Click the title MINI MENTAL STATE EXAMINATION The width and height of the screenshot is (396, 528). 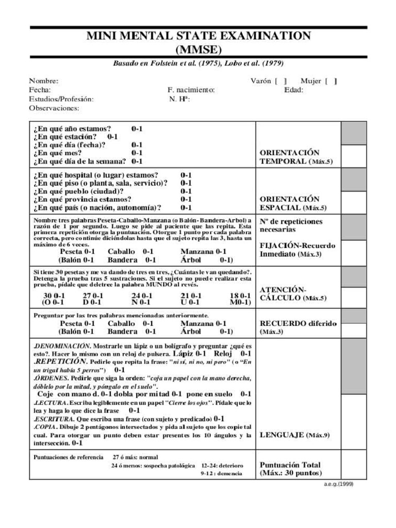[x=199, y=36]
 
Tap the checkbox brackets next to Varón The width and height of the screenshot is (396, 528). [x=282, y=81]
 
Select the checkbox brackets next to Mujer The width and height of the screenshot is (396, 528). [x=334, y=81]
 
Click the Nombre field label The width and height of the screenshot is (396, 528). [x=43, y=81]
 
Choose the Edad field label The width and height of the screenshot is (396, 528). [x=293, y=90]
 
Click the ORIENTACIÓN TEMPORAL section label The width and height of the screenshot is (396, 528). [x=295, y=157]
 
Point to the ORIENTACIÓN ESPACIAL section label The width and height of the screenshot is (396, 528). [x=295, y=203]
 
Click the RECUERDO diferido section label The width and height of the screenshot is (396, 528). [x=298, y=327]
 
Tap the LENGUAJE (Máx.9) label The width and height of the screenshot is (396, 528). [x=294, y=435]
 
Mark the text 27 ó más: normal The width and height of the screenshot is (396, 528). [x=135, y=457]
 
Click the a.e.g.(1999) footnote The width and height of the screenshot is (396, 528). [x=338, y=484]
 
